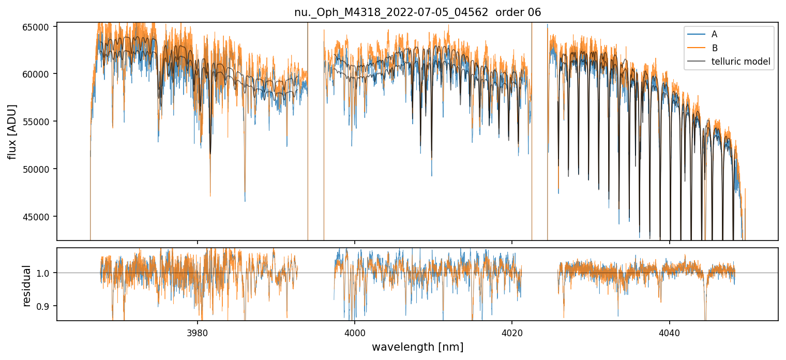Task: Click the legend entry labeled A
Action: pos(714,34)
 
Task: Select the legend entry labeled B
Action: pos(714,48)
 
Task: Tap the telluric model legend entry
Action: pos(740,62)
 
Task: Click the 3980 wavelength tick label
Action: pos(197,331)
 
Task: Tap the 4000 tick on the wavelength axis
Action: pos(355,331)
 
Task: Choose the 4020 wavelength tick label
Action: pos(512,331)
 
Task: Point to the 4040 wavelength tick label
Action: pos(670,331)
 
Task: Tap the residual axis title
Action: pos(26,285)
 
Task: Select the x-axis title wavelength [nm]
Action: pos(417,347)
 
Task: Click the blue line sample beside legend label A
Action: pos(697,34)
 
